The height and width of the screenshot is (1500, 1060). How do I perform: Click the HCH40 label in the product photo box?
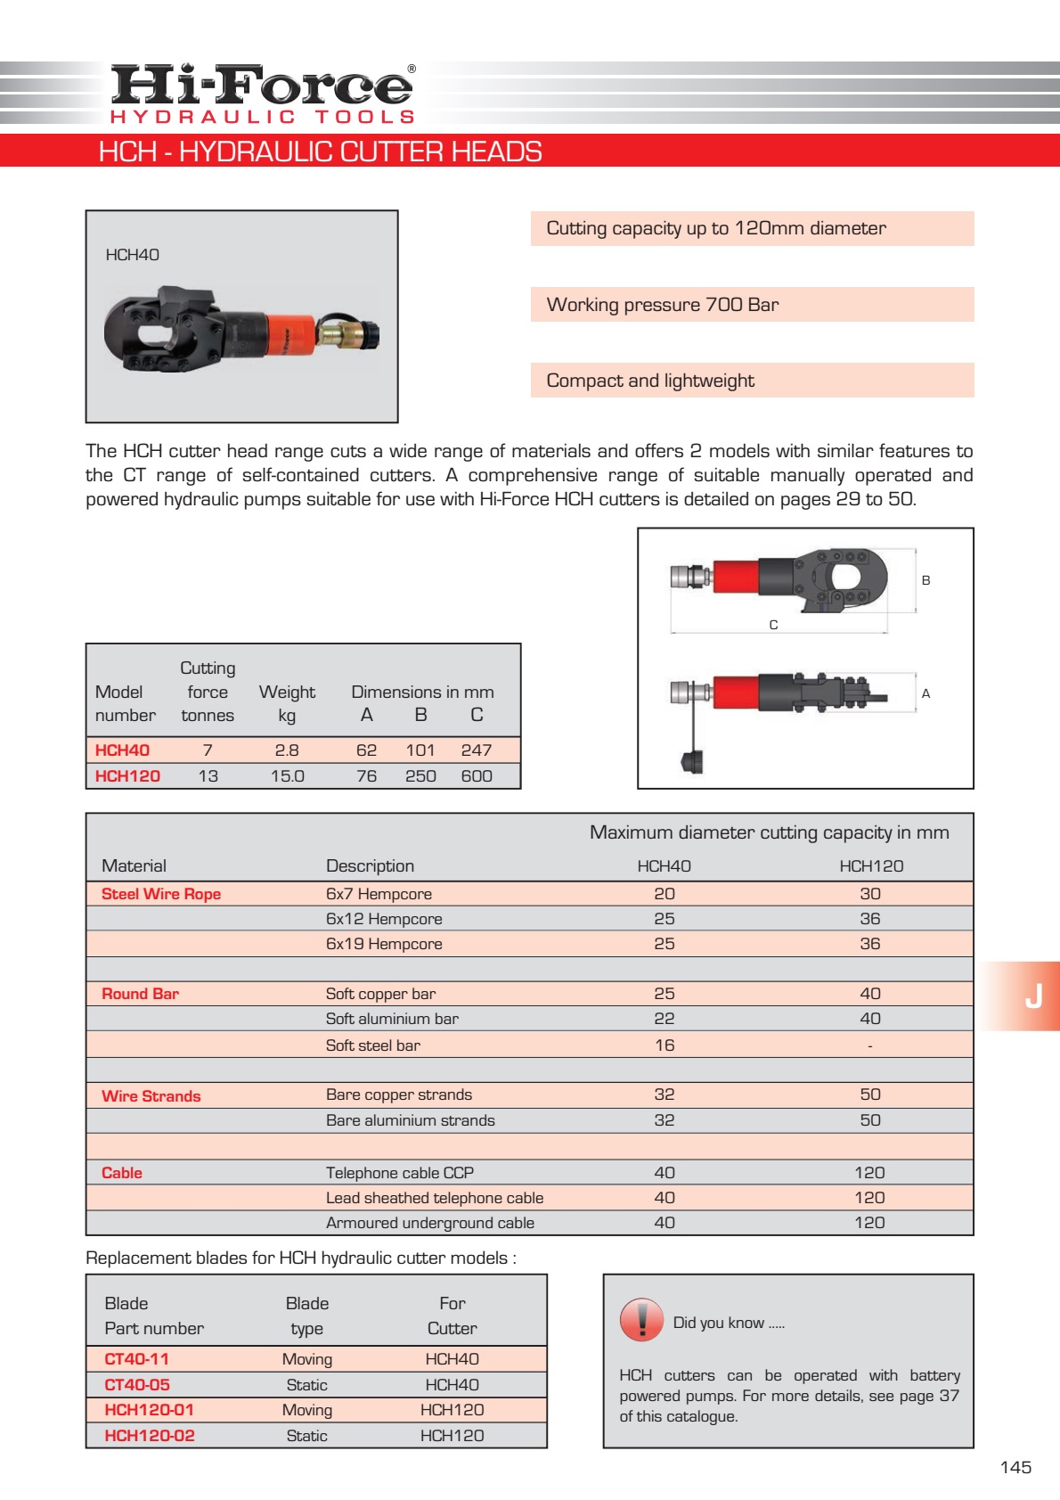point(132,255)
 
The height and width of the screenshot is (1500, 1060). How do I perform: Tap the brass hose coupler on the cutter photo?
point(337,335)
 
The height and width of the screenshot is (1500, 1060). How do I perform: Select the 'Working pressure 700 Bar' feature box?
point(752,305)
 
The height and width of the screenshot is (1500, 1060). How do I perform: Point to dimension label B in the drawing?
point(925,580)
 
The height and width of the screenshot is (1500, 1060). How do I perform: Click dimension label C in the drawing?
point(773,625)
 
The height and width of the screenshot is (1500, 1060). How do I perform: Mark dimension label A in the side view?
point(925,693)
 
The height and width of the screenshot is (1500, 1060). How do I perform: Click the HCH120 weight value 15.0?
point(287,776)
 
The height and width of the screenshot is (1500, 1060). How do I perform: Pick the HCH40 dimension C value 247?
point(477,750)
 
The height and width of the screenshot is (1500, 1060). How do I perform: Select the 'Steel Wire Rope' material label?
point(161,894)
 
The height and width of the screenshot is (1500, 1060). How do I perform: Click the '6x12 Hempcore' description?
point(384,919)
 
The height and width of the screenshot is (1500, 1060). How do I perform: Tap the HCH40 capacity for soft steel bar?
point(665,1045)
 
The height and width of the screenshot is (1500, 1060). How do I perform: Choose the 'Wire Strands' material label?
point(151,1096)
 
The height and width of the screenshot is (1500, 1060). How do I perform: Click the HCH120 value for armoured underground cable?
point(869,1223)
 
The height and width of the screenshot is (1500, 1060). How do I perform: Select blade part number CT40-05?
point(137,1385)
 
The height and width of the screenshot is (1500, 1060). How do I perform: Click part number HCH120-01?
point(149,1410)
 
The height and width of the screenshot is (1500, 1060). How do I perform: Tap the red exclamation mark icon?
point(641,1320)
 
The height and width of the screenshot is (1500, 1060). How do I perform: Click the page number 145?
point(1015,1467)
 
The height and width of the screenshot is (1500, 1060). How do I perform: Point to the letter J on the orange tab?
point(1033,996)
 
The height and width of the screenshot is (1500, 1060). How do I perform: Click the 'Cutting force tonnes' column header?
point(208,692)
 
